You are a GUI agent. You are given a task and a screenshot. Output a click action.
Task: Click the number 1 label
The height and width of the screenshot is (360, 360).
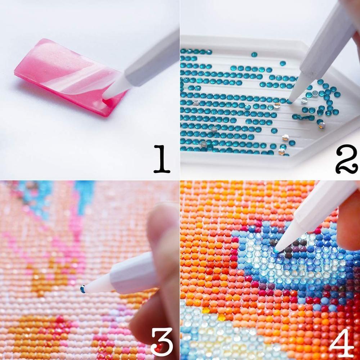point(161,159)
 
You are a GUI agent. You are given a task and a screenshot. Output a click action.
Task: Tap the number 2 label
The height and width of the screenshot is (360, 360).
point(346,159)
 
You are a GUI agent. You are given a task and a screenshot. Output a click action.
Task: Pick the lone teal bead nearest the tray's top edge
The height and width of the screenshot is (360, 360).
point(254,54)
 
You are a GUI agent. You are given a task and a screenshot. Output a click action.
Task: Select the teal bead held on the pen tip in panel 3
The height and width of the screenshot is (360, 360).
point(83,289)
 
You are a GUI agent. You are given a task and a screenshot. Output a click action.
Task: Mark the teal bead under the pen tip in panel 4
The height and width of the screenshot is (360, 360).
point(276,250)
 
